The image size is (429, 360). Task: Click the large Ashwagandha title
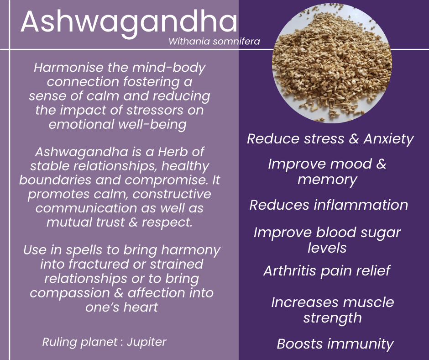(129, 22)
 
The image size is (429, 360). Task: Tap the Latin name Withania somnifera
(214, 42)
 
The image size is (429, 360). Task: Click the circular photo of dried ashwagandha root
(332, 64)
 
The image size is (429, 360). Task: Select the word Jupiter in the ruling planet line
(146, 342)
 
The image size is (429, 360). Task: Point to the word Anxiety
(388, 138)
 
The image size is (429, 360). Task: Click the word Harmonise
(68, 68)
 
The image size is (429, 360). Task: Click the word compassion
(70, 293)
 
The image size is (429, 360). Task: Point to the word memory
(327, 180)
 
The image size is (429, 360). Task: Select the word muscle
(369, 302)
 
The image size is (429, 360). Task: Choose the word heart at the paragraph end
(141, 307)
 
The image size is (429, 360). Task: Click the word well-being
(152, 125)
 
